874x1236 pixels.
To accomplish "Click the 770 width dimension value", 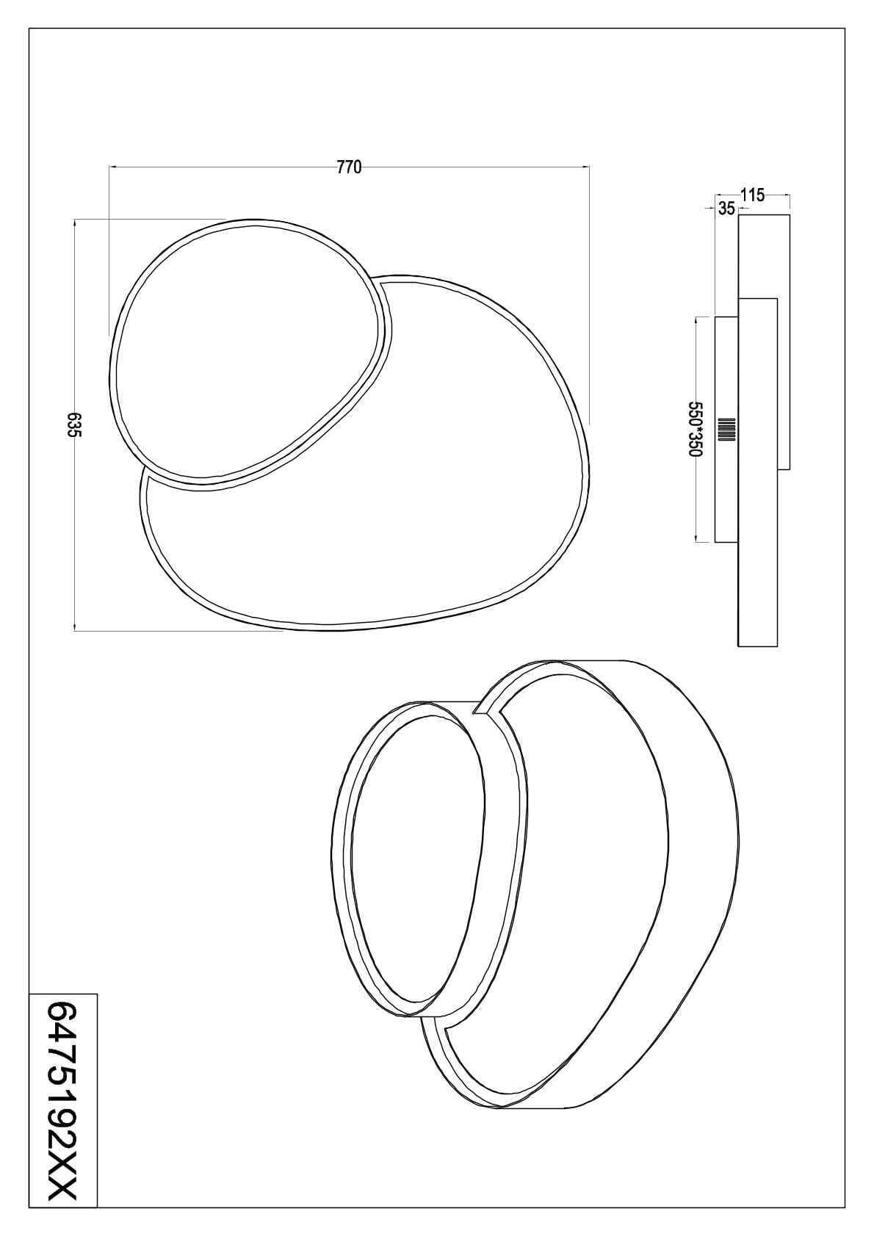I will pos(349,167).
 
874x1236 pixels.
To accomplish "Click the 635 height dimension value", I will pos(73,424).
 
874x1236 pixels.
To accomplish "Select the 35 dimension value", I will pos(726,209).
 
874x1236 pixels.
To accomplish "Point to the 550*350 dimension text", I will pos(695,430).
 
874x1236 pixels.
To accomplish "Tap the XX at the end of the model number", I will pos(62,1198).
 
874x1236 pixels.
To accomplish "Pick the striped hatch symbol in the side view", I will pos(728,430).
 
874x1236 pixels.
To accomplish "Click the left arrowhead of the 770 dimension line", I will pos(112,167).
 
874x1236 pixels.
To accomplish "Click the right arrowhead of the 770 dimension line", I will pos(587,167).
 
